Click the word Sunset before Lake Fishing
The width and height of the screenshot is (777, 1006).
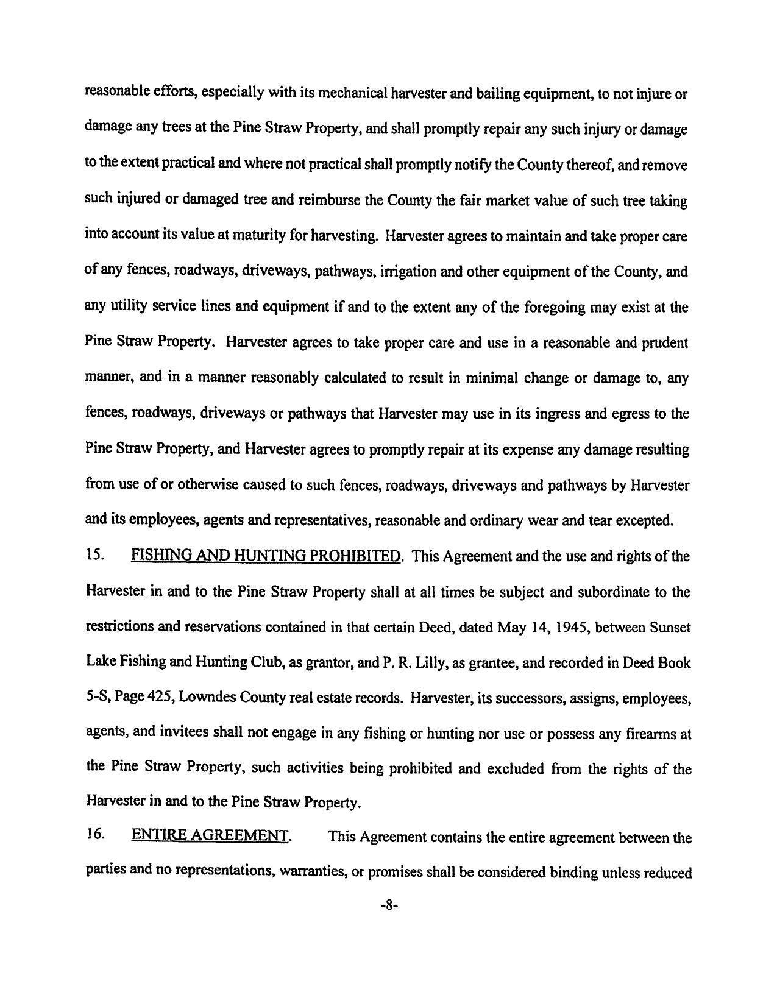tap(670, 627)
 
